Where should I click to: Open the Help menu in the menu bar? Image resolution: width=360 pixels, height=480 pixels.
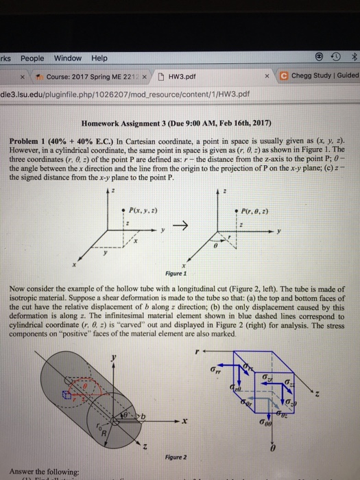point(99,57)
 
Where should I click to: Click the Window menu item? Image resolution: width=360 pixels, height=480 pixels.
point(67,57)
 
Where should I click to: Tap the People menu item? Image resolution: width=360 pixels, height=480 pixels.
point(32,57)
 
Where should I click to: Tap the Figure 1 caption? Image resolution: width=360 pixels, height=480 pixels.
point(195,272)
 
